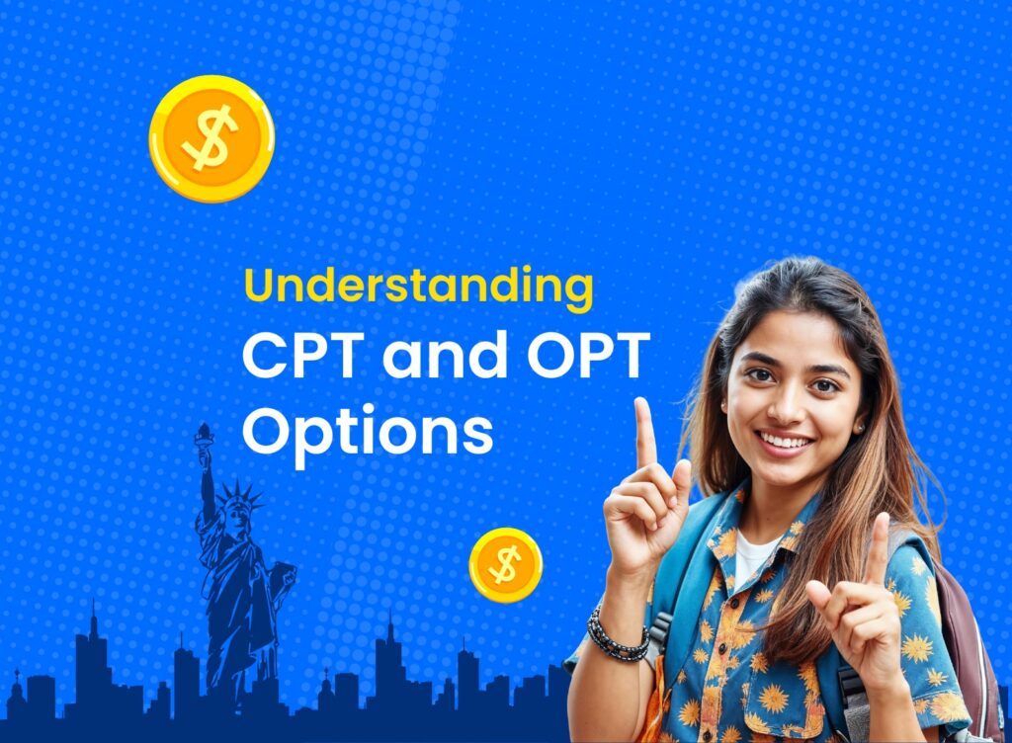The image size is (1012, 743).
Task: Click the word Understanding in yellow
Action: coord(418,288)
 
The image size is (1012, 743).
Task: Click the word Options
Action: coord(367,432)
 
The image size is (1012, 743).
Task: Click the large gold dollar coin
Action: coord(211,138)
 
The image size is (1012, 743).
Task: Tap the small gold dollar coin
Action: coord(505,564)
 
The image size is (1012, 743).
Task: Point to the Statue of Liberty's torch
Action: coord(205,436)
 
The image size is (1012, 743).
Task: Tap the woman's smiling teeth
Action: coord(786,442)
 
